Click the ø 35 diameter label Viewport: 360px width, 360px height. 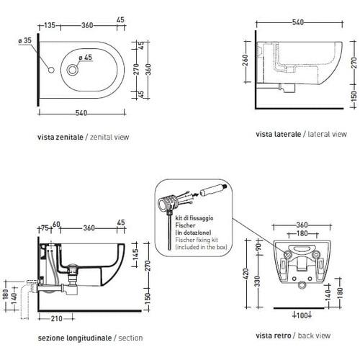(x=25, y=40)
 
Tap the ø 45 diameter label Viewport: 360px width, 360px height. (x=86, y=58)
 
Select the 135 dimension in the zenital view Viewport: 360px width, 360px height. (x=50, y=25)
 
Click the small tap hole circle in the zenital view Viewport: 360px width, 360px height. (x=51, y=70)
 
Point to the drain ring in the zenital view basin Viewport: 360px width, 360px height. (x=72, y=70)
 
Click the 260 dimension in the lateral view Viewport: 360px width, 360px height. (x=245, y=61)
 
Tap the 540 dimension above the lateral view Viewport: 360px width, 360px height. (x=298, y=22)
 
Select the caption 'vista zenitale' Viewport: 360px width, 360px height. (x=60, y=137)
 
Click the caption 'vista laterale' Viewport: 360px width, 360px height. (x=278, y=134)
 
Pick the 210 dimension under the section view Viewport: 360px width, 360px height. (x=57, y=319)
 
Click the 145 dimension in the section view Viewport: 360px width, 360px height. (x=135, y=254)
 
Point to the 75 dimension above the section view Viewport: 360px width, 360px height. (x=45, y=228)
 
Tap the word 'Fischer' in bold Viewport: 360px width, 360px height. (x=185, y=225)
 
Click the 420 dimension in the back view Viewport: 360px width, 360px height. (x=246, y=274)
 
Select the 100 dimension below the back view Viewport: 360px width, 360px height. (x=302, y=315)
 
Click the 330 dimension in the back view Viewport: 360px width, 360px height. (x=257, y=282)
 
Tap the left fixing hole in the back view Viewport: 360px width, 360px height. (x=287, y=254)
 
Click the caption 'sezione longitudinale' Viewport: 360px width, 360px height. (x=75, y=338)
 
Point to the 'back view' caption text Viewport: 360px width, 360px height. (x=314, y=336)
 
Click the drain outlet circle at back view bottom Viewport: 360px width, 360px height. (x=301, y=285)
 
